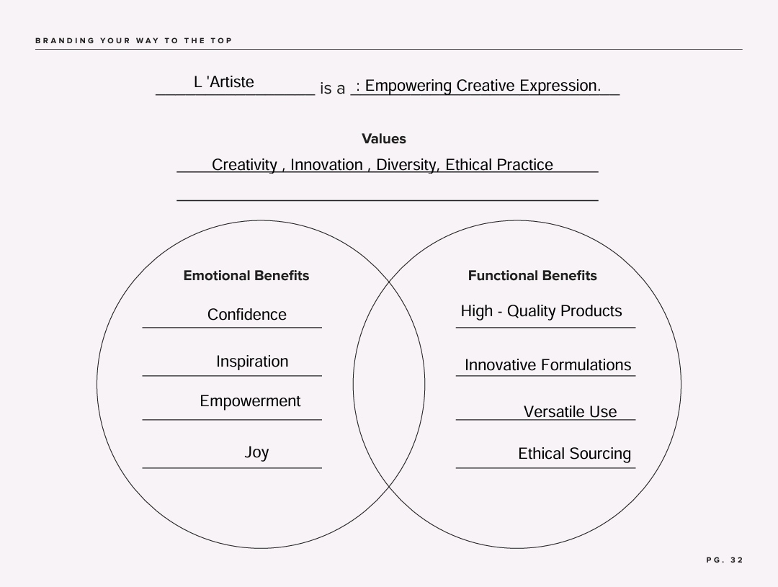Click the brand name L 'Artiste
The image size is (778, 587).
(224, 82)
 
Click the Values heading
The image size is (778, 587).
(383, 139)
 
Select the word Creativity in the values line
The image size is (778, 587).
(245, 165)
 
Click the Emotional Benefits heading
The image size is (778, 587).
(246, 276)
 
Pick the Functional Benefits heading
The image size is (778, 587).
(532, 276)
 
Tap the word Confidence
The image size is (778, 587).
(246, 315)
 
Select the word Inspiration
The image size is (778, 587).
(252, 362)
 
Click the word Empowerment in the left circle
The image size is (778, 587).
(250, 401)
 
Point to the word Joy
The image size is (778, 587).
(256, 452)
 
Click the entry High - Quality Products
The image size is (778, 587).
(541, 311)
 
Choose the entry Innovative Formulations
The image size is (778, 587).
(547, 365)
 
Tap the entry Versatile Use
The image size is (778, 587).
(570, 412)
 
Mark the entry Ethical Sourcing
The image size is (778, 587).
(575, 454)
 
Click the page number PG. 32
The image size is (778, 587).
(725, 560)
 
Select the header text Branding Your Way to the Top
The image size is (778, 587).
(133, 40)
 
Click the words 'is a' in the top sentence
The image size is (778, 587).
(332, 89)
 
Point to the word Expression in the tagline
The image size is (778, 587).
(560, 86)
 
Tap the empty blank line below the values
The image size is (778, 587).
(388, 200)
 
